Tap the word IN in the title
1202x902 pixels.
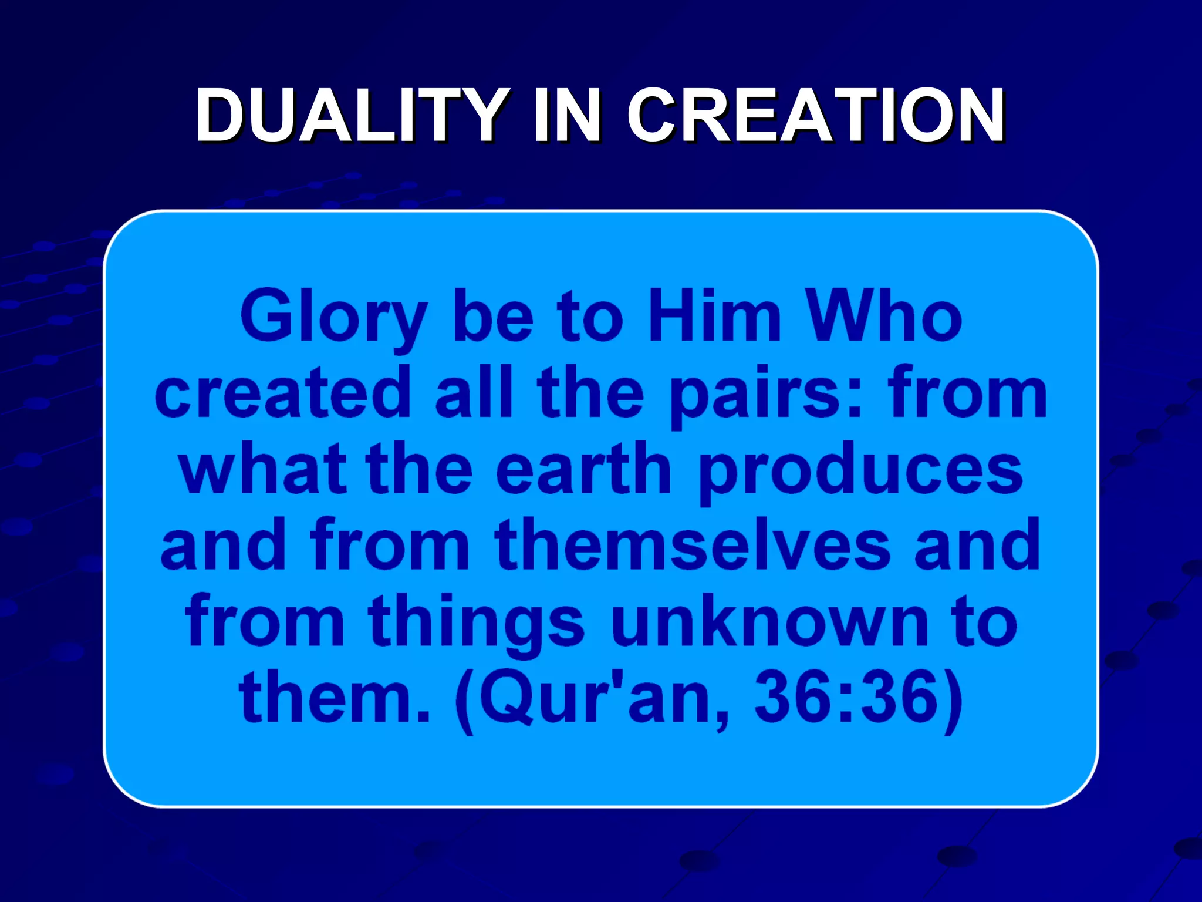(567, 115)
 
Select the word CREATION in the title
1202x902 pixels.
(816, 115)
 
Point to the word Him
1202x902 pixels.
(714, 317)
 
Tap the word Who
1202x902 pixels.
(884, 317)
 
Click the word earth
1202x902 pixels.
(583, 470)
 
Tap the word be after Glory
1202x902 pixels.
(493, 317)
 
